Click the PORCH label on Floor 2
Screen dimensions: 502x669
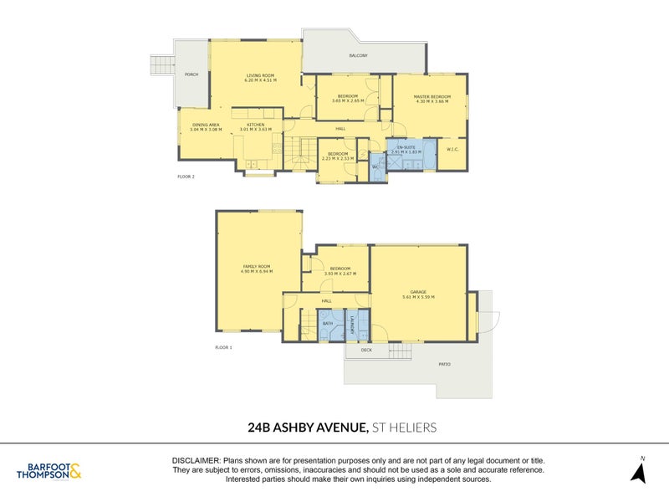(x=191, y=73)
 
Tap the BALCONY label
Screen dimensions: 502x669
(x=359, y=56)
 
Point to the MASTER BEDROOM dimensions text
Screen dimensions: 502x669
(x=432, y=101)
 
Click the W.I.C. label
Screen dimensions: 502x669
(x=452, y=150)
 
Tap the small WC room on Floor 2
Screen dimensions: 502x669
(x=375, y=166)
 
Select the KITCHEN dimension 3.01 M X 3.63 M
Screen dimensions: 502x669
(x=256, y=130)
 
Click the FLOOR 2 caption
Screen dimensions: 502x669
(x=186, y=177)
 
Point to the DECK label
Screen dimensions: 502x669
(x=365, y=351)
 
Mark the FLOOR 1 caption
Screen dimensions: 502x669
(x=222, y=346)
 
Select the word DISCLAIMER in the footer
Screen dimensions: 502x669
(x=196, y=461)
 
